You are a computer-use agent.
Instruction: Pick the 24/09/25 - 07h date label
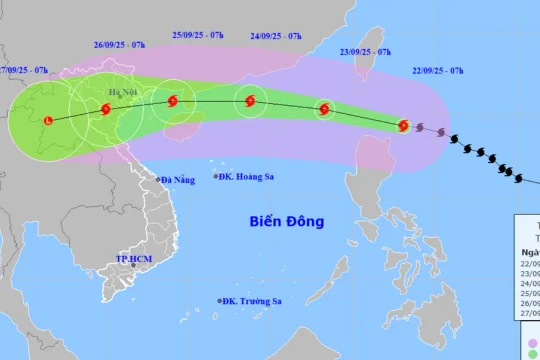coord(275,36)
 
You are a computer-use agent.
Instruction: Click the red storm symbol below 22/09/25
coord(404,126)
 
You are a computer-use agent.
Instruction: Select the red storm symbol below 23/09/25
coord(324,110)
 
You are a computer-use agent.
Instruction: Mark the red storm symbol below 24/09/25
coord(249,100)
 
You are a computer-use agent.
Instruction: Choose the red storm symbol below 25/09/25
coord(174,100)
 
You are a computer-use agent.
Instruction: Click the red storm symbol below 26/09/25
coord(106,110)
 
